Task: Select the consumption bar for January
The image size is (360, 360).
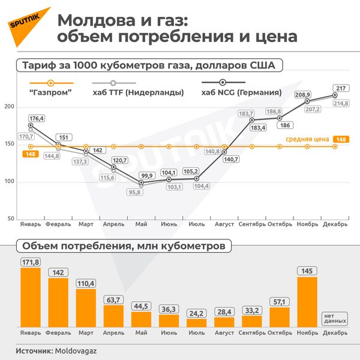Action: pyautogui.click(x=31, y=297)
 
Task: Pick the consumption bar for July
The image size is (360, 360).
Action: pyautogui.click(x=197, y=322)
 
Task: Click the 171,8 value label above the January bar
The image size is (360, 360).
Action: pyautogui.click(x=31, y=262)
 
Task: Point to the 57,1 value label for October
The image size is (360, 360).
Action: pyautogui.click(x=280, y=302)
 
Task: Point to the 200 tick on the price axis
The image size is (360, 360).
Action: pyautogui.click(x=8, y=107)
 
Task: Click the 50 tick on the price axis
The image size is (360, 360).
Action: pyautogui.click(x=10, y=218)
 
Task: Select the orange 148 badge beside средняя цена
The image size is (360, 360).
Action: pyautogui.click(x=341, y=139)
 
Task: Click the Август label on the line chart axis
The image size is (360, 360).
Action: pyautogui.click(x=224, y=224)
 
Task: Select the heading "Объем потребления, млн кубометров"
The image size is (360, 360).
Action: pyautogui.click(x=124, y=246)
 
